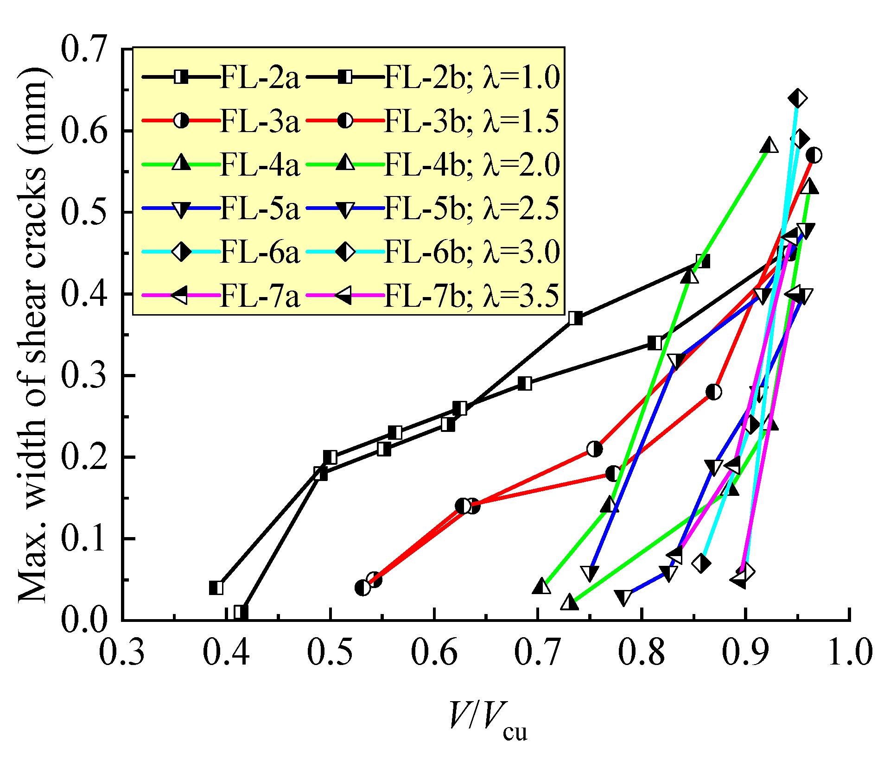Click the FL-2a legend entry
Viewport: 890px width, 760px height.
pyautogui.click(x=260, y=77)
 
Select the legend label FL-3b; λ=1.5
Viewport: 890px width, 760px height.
pyautogui.click(x=471, y=121)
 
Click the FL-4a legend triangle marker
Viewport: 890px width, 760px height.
pyautogui.click(x=181, y=164)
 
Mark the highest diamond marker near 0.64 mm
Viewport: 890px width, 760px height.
pyautogui.click(x=797, y=98)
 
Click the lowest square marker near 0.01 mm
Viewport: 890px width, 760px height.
pyautogui.click(x=241, y=612)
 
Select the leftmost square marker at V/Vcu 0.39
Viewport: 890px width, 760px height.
pyautogui.click(x=216, y=588)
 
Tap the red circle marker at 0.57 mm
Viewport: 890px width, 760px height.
pyautogui.click(x=814, y=155)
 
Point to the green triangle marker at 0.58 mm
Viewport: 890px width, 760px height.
pyautogui.click(x=769, y=146)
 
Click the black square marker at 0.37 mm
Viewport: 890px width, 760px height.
pyautogui.click(x=575, y=318)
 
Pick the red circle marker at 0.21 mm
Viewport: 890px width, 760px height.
pyautogui.click(x=595, y=449)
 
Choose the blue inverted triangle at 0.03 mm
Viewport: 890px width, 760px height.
pyautogui.click(x=624, y=597)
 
